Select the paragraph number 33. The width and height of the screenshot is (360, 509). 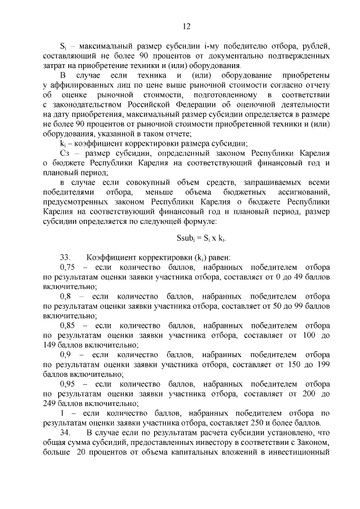pyautogui.click(x=67, y=257)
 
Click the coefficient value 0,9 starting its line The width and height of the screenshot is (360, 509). pyautogui.click(x=66, y=354)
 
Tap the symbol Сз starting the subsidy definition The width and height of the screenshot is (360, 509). pyautogui.click(x=65, y=153)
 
